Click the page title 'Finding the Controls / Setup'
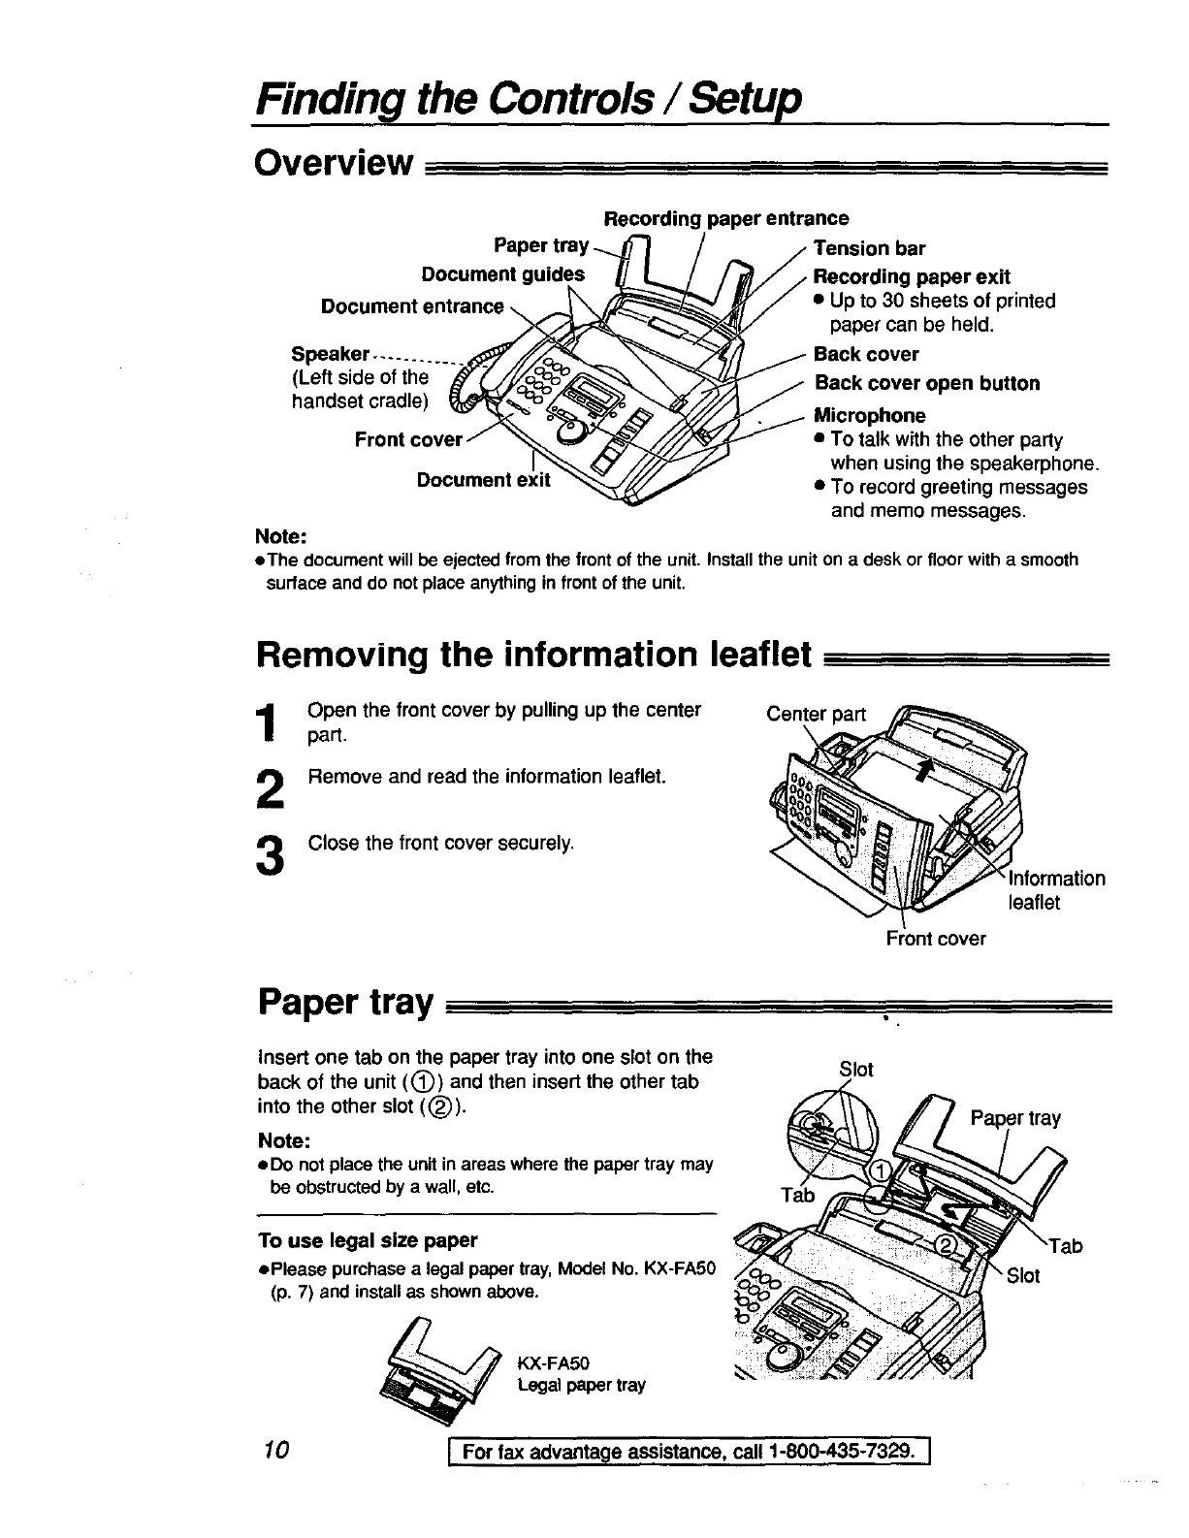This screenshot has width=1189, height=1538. point(528,99)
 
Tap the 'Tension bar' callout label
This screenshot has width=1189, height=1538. point(869,248)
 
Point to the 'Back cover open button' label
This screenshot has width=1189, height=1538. point(926,383)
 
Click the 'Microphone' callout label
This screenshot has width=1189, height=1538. point(869,416)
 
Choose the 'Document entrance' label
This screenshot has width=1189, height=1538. point(412,307)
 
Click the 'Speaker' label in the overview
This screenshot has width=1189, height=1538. point(331,353)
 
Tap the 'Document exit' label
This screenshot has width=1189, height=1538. point(483,480)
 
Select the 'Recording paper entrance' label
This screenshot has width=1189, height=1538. point(725,218)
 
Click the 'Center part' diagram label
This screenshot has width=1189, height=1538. point(816,715)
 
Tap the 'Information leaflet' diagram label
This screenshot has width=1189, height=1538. point(1056,890)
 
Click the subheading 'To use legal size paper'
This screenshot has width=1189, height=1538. point(368,1240)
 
